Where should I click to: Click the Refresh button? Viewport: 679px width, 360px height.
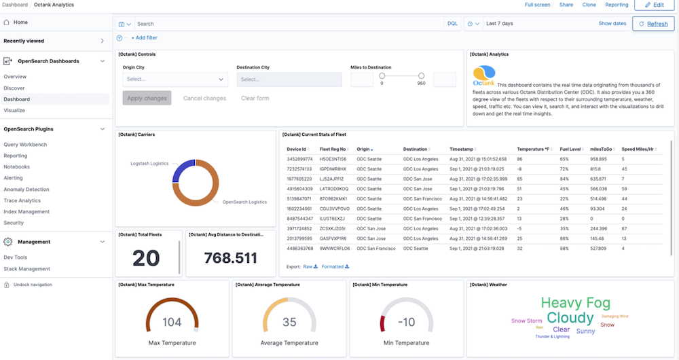click(x=653, y=24)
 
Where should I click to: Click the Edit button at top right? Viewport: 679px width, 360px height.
click(x=654, y=5)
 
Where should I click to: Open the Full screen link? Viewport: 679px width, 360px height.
click(x=537, y=5)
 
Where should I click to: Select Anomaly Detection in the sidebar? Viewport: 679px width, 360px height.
click(x=26, y=189)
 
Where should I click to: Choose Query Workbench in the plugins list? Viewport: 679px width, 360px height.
click(x=25, y=144)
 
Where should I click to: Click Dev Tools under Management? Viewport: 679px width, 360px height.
click(x=16, y=257)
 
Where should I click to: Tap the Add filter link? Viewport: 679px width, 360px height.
click(x=144, y=38)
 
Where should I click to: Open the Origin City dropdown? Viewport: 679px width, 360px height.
click(x=175, y=79)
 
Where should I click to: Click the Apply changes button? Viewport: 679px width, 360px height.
click(x=147, y=98)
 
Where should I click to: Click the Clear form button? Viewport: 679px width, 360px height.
click(x=255, y=98)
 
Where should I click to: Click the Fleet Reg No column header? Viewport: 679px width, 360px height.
click(x=333, y=149)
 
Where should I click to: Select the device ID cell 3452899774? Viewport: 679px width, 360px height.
click(x=299, y=159)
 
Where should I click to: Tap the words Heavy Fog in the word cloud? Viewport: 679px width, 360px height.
click(x=575, y=304)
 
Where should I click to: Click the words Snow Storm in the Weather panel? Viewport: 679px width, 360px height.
click(x=526, y=321)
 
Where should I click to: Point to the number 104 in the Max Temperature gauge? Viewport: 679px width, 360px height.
click(x=172, y=323)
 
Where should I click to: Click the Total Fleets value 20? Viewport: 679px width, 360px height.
click(x=146, y=258)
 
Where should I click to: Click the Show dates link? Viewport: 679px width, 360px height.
click(x=612, y=24)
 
